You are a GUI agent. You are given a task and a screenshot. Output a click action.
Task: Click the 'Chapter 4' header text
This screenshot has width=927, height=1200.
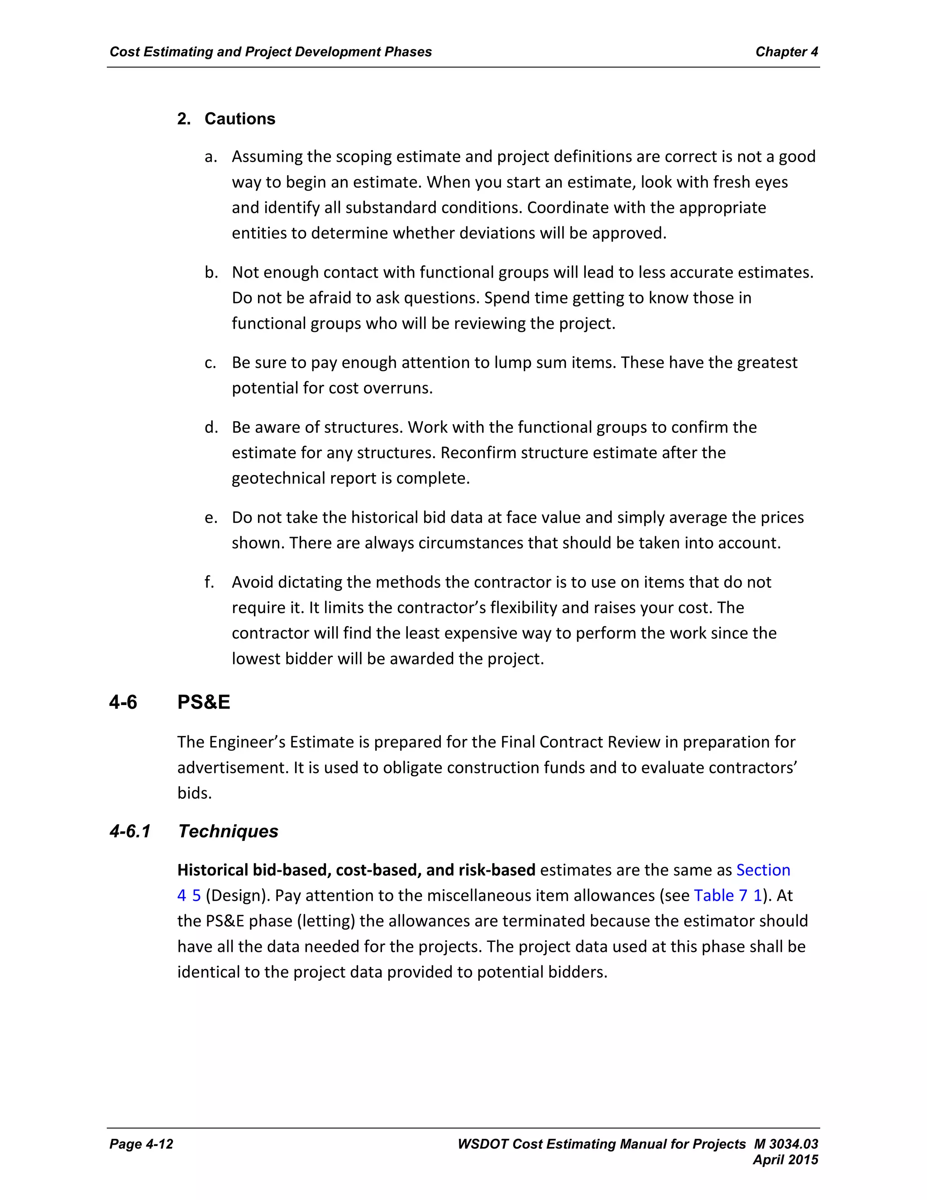click(x=786, y=52)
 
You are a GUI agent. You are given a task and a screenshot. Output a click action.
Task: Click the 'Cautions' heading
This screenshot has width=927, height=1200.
click(x=239, y=119)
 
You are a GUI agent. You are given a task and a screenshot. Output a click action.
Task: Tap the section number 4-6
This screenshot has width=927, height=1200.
click(x=123, y=702)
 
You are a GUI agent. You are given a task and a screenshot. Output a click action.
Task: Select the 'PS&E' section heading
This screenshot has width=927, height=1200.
click(x=203, y=702)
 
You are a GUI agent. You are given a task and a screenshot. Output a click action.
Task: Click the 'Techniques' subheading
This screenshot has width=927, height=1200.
click(x=228, y=831)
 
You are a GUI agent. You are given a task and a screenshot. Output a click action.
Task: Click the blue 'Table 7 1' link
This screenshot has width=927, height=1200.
click(x=728, y=895)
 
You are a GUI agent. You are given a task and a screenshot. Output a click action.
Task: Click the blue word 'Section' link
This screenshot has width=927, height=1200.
click(x=763, y=870)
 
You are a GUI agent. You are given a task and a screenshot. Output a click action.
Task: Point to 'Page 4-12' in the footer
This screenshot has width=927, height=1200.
click(x=141, y=1143)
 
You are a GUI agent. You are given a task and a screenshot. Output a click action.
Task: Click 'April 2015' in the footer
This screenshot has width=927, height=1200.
click(x=785, y=1159)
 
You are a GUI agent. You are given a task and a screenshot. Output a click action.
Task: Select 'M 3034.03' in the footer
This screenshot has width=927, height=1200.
click(x=786, y=1143)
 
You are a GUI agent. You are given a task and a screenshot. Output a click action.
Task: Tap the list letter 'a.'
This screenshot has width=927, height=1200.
click(x=210, y=157)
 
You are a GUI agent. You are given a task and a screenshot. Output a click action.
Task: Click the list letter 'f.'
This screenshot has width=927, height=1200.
click(x=209, y=582)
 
